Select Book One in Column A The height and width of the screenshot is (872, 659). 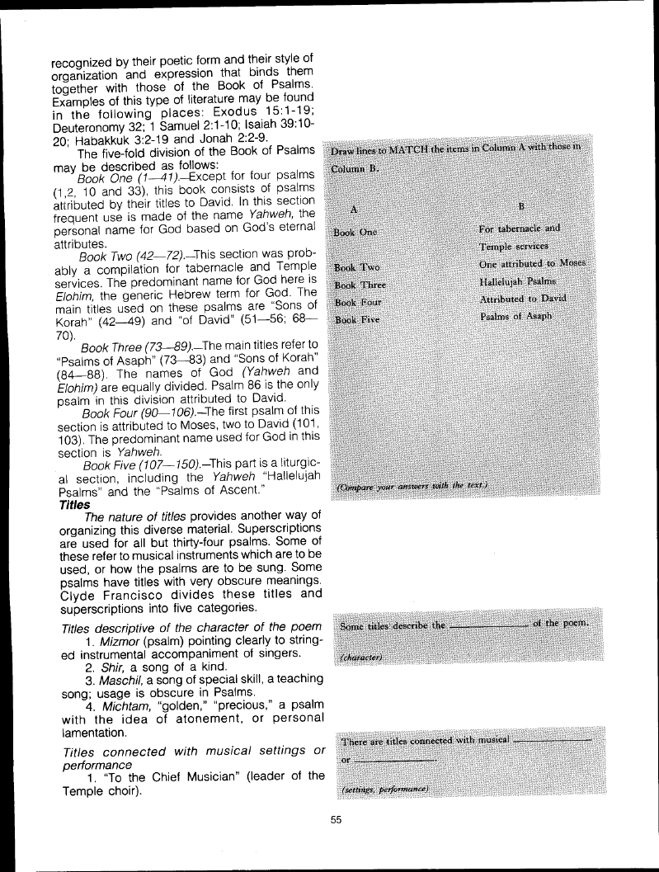[355, 232]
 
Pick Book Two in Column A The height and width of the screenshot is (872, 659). [356, 267]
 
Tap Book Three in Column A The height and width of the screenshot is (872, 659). [360, 285]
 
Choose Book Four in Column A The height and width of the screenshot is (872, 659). [358, 303]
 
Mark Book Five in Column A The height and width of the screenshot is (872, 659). [356, 319]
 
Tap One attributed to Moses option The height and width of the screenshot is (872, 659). [532, 263]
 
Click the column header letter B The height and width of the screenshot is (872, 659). [521, 205]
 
